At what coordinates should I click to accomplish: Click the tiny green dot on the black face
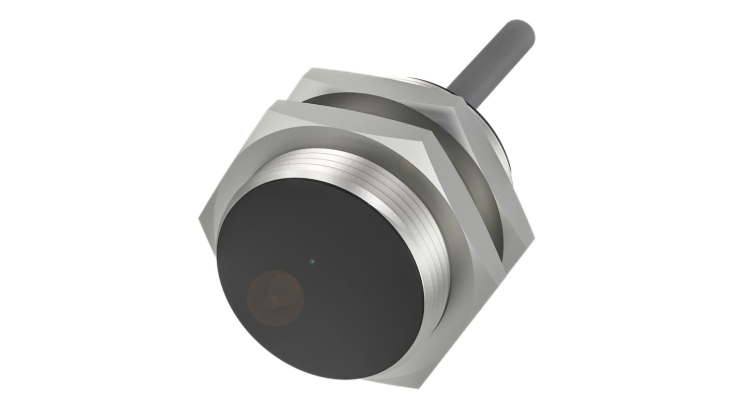[x=311, y=261]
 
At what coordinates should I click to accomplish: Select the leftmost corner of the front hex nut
[x=199, y=219]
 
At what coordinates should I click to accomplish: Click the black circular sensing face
[x=320, y=279]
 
